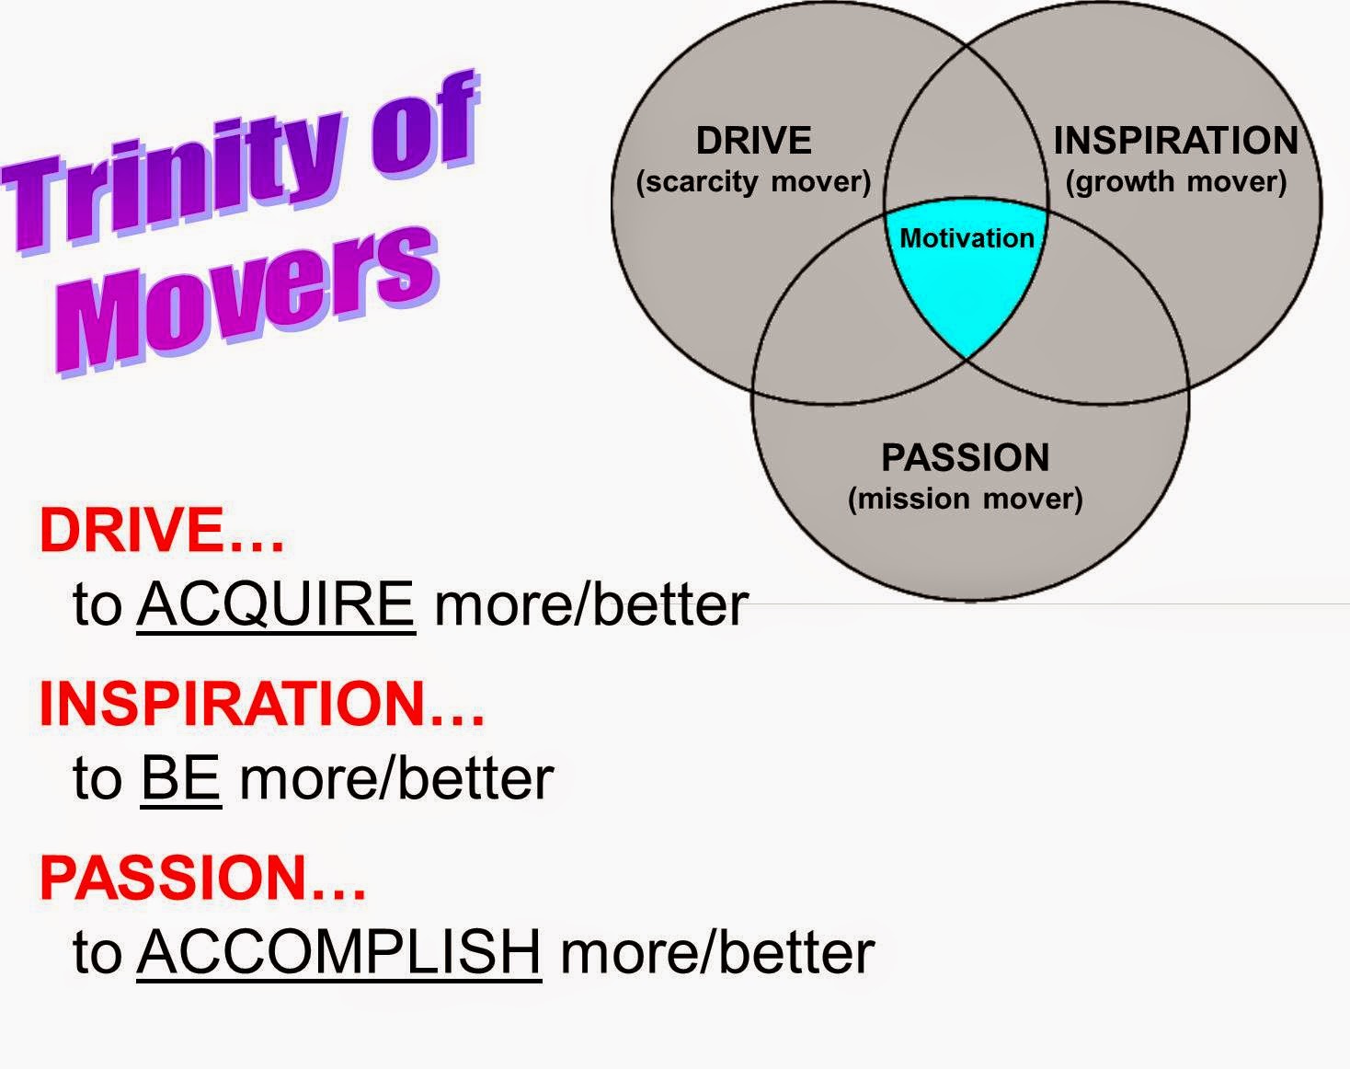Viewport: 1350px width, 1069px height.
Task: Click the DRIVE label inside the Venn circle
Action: tap(753, 141)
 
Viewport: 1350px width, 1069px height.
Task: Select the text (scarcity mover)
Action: tap(753, 181)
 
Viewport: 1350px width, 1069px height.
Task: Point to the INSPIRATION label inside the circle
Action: tap(1175, 141)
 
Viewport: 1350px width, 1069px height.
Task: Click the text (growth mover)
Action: tap(1175, 181)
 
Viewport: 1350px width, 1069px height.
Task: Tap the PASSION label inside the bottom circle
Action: tap(965, 458)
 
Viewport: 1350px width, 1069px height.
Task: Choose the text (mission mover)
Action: tap(965, 499)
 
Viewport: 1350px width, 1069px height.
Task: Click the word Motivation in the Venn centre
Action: tap(967, 238)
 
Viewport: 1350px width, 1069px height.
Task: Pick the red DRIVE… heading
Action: tap(162, 531)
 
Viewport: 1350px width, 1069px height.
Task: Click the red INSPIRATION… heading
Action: tap(261, 704)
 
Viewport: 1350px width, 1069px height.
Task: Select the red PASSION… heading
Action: tap(202, 878)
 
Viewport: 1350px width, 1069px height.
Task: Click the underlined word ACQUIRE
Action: tap(276, 604)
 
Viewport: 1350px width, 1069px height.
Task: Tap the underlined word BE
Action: tap(180, 778)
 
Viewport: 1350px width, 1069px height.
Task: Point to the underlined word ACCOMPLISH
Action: tap(338, 951)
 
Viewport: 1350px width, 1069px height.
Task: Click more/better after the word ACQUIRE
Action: tap(590, 604)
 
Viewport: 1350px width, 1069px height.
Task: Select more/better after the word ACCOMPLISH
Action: tap(716, 951)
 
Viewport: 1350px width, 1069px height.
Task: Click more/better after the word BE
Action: tap(395, 778)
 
